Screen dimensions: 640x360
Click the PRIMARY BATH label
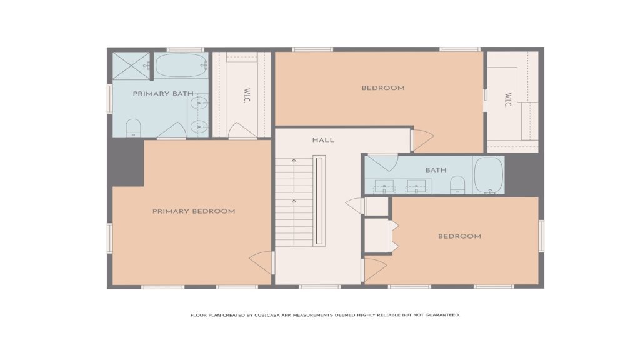coord(163,94)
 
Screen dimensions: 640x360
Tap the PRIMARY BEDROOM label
coord(194,211)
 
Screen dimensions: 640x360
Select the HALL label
coord(323,140)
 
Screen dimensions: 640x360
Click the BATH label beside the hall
coord(436,170)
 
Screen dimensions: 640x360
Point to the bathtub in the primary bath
coord(181,65)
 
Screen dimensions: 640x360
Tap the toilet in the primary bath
coord(133,127)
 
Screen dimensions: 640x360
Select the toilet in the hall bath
coord(457,185)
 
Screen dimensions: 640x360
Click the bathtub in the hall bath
coord(489,175)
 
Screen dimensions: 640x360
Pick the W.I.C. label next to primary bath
coord(246,96)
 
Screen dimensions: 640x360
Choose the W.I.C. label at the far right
coord(507,100)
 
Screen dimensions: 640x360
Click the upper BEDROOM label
coord(383,87)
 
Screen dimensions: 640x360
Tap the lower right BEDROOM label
coord(459,236)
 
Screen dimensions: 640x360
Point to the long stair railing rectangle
coord(319,201)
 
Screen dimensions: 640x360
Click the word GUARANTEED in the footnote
coord(442,315)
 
